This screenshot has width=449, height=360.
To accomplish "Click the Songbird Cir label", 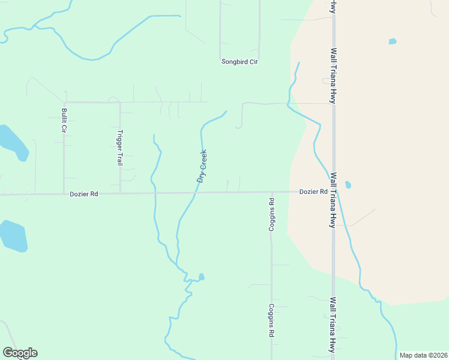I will tap(240, 62).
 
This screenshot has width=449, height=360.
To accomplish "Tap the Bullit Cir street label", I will tap(63, 121).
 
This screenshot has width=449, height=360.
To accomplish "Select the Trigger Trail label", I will tap(120, 148).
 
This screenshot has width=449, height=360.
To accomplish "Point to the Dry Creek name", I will tap(202, 166).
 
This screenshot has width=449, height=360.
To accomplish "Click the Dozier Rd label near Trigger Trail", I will tap(83, 194).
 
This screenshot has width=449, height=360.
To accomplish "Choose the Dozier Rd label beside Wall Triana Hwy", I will tap(313, 192).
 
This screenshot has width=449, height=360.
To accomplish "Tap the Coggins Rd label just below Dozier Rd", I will tap(271, 215).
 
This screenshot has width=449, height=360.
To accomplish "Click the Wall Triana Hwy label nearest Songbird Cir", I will tap(333, 76).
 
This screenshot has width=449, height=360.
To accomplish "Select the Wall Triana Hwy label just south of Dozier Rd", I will tap(333, 200).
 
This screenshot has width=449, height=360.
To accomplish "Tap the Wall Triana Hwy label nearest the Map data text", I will tap(332, 324).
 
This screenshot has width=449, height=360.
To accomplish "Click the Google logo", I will tap(20, 353).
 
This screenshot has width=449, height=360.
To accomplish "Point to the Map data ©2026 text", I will tap(422, 355).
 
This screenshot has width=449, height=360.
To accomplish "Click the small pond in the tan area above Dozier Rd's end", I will tap(393, 41).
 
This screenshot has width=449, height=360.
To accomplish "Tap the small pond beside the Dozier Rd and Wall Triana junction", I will tap(348, 185).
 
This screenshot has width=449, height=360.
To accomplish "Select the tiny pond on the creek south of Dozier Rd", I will tap(202, 277).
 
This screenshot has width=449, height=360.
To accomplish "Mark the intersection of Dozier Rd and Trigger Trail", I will tap(120, 193).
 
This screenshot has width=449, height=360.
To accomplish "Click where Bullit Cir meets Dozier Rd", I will tap(64, 194).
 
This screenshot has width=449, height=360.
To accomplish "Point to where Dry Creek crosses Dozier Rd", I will tap(196, 193).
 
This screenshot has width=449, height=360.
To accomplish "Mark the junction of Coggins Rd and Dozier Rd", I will tap(271, 192).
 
